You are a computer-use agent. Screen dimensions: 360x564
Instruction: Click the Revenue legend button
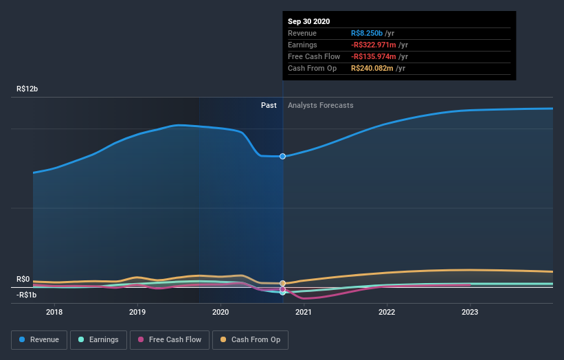tap(40, 339)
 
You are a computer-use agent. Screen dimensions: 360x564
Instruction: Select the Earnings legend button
tap(99, 339)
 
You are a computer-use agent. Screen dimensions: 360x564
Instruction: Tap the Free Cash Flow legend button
tap(169, 339)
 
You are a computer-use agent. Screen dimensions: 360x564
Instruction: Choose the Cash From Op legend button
tap(250, 339)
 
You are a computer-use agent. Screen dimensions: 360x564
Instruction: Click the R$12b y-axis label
tap(28, 89)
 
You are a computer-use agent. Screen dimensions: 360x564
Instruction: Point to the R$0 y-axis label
tap(23, 279)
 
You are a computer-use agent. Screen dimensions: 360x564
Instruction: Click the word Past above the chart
tap(269, 105)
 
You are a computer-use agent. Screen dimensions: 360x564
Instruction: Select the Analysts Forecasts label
tap(321, 105)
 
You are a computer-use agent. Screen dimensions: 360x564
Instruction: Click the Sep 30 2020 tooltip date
tap(309, 21)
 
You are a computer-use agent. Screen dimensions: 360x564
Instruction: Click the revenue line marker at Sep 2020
tap(282, 157)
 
